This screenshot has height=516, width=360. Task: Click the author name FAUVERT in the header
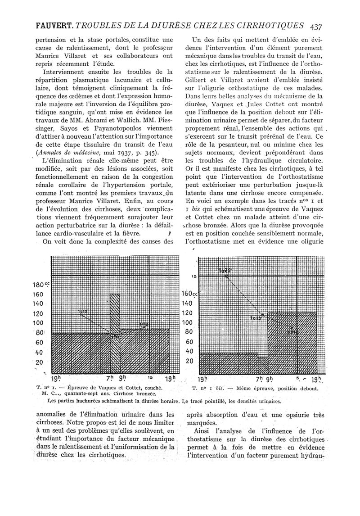[x=51, y=26]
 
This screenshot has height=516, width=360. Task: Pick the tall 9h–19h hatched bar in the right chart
[x=295, y=342]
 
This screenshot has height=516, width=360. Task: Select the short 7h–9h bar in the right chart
[x=263, y=364]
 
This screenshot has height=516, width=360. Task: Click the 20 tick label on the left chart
[x=40, y=362]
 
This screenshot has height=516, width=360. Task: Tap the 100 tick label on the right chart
[x=189, y=323]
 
